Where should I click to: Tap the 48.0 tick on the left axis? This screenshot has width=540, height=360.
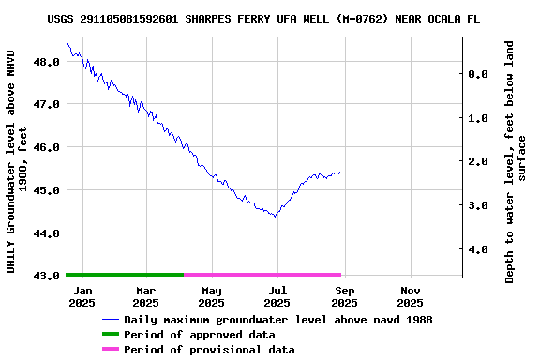(46, 62)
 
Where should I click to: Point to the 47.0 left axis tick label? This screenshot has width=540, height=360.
(46, 105)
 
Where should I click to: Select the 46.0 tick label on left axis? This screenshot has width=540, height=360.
(46, 147)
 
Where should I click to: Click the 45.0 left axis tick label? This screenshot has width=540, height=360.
(46, 190)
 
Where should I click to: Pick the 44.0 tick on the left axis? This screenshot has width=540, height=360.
(46, 233)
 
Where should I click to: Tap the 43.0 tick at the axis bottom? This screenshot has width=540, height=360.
(46, 276)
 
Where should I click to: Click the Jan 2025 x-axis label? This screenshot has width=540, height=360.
(82, 296)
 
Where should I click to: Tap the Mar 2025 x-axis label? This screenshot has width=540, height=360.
(145, 296)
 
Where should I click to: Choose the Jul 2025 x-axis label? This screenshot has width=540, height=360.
(277, 296)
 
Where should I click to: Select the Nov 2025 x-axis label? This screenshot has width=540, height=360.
(410, 296)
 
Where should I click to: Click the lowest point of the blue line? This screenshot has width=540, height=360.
(275, 217)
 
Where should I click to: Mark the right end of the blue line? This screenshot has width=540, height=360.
(340, 172)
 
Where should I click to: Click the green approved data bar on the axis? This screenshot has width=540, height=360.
(125, 275)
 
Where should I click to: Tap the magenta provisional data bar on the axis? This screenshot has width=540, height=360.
(262, 275)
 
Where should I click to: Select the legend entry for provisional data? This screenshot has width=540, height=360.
(209, 350)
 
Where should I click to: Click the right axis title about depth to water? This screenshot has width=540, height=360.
(516, 161)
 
